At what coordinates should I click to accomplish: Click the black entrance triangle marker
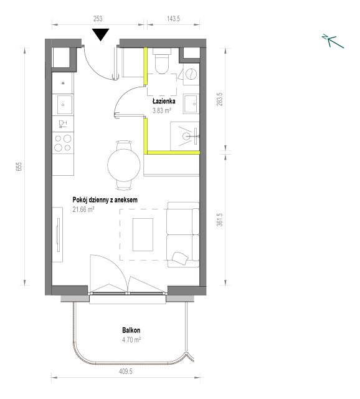coord(101,34)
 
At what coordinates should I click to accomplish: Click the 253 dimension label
coord(98,19)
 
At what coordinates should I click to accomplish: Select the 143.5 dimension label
coord(174,19)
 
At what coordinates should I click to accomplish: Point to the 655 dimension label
coord(19,166)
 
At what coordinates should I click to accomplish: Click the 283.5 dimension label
coord(220,99)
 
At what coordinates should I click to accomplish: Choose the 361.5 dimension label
coord(220,219)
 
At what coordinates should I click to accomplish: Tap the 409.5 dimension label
coord(126,372)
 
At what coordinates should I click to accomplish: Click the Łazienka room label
coord(164,101)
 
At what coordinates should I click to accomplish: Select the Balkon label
coord(131,330)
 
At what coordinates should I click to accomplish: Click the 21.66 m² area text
coord(83,209)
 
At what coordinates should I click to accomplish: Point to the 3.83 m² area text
coord(161,110)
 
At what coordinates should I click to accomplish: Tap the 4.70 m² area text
coord(131,340)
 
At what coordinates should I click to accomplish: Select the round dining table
coord(124,165)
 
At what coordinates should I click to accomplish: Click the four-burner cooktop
coord(63,143)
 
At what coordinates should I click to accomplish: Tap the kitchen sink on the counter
coord(64,105)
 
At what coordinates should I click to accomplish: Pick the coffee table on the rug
coord(143,234)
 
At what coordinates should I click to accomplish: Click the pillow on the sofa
coord(180,258)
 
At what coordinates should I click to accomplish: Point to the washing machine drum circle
coord(191,74)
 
